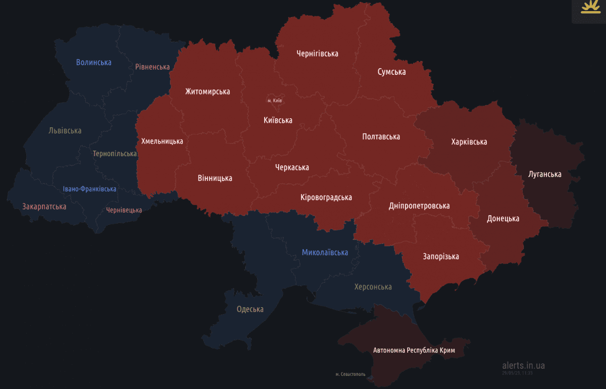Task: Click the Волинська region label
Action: click(93, 62)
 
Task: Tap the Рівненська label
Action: click(152, 67)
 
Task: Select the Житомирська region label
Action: click(207, 91)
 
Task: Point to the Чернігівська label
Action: click(317, 53)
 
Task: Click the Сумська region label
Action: click(391, 72)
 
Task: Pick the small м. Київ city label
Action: click(275, 101)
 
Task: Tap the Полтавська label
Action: click(381, 136)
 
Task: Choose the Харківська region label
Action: click(469, 141)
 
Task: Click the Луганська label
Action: click(544, 174)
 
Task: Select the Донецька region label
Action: click(502, 218)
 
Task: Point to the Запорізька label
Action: click(440, 256)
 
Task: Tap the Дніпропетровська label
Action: click(419, 206)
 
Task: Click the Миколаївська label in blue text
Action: click(325, 252)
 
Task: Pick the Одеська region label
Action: click(250, 309)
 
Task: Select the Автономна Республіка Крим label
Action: click(414, 350)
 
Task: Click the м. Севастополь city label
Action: click(350, 374)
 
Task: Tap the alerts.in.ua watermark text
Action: click(523, 365)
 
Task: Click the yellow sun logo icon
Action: click(590, 8)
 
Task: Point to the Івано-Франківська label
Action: click(89, 189)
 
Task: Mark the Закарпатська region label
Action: click(44, 206)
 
